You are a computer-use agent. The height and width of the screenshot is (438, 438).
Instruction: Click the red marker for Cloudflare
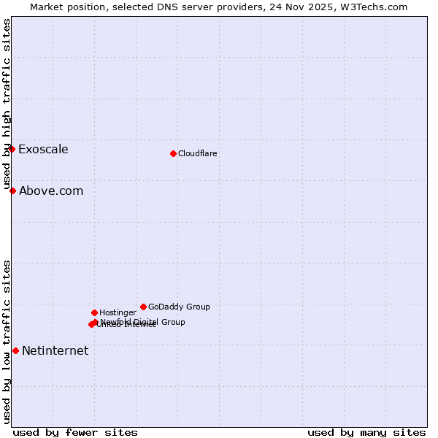[x=173, y=153]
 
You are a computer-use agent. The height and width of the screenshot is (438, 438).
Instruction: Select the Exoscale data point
[x=12, y=149]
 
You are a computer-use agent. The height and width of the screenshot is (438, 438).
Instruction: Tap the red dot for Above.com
[x=12, y=191]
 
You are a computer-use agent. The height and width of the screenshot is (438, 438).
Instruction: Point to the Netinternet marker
[x=15, y=350]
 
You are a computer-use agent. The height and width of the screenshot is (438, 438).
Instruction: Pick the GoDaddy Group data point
[x=143, y=307]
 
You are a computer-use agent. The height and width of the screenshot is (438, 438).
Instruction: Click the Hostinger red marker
[x=94, y=312]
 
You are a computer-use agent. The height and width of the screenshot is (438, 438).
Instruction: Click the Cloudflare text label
[x=198, y=153]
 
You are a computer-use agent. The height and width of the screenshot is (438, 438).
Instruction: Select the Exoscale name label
[x=43, y=150]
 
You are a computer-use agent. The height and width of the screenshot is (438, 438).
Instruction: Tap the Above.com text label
[x=51, y=191]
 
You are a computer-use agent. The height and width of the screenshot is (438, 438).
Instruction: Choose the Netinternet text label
[x=55, y=351]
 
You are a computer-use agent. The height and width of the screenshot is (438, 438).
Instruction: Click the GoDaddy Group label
[x=179, y=307]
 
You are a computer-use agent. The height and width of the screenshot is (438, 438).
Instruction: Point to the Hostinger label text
[x=118, y=312]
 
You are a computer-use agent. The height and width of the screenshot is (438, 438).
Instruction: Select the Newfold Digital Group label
[x=143, y=322]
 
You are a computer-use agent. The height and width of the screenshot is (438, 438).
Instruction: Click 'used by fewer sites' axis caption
[x=75, y=433]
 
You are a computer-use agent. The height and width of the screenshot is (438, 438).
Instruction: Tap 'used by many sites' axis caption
[x=366, y=433]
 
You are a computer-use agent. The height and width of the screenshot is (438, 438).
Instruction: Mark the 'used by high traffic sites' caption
[x=7, y=104]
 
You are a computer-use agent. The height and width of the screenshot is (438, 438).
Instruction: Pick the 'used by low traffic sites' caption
[x=7, y=342]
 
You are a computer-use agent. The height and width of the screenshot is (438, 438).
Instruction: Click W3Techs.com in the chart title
[x=372, y=7]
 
